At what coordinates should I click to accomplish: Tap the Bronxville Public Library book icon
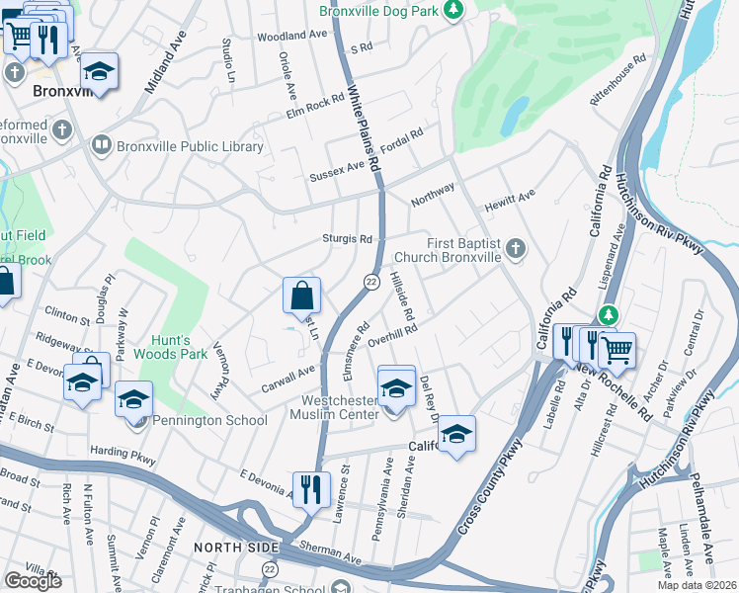(100, 146)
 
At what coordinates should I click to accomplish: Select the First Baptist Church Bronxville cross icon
(515, 250)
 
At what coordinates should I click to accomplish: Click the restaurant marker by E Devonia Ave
(310, 487)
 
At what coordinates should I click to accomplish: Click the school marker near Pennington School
(133, 400)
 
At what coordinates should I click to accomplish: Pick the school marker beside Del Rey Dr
(456, 432)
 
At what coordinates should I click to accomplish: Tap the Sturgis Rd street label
(347, 239)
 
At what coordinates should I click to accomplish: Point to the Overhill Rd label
(393, 336)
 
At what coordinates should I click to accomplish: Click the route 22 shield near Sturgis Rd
(371, 282)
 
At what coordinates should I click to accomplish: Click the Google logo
(33, 580)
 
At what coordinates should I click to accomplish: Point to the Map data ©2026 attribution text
(697, 585)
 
